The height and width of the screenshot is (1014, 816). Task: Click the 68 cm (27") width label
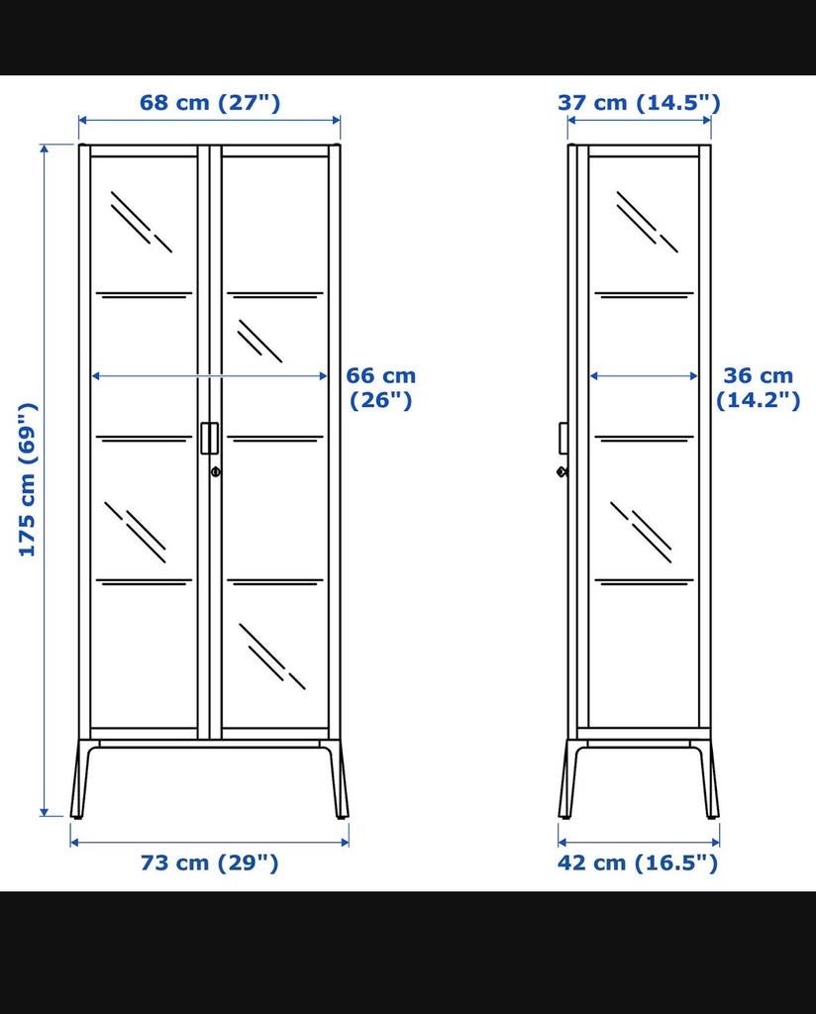click(209, 102)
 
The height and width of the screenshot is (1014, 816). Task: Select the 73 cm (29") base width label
click(209, 862)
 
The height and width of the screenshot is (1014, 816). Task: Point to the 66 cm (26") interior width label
click(381, 387)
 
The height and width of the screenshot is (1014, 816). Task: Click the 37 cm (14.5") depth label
click(639, 102)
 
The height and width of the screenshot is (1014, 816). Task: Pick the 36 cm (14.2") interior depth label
click(758, 387)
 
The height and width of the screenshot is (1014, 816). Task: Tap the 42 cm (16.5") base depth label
click(638, 862)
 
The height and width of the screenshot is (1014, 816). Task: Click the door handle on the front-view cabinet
click(209, 438)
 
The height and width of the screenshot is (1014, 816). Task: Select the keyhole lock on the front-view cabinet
click(215, 472)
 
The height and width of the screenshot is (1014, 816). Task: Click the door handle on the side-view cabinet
click(562, 438)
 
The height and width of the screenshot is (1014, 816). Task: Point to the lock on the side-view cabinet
click(562, 471)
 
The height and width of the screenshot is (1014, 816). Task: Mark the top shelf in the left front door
click(144, 294)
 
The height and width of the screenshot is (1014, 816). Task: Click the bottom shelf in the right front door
click(274, 581)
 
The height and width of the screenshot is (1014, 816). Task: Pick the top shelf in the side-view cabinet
click(645, 294)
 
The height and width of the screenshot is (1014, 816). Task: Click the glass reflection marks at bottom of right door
click(270, 654)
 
